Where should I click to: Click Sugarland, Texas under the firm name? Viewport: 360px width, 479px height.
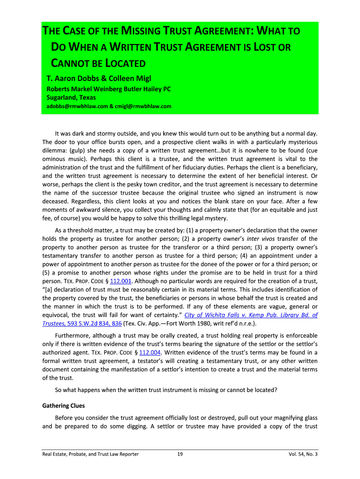[x=71, y=97]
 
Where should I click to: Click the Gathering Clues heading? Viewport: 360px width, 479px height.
[x=64, y=406]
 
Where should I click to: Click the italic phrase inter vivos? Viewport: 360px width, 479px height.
[x=261, y=239]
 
